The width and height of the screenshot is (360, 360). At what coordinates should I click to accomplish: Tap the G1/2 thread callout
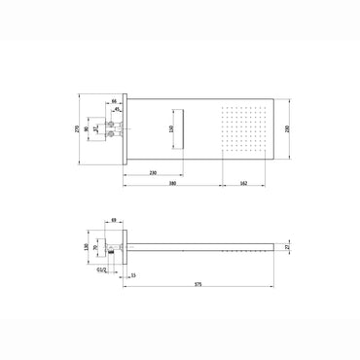click(x=101, y=268)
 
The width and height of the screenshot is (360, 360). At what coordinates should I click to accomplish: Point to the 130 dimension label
click(x=85, y=247)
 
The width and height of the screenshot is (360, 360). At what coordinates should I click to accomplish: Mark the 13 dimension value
click(x=133, y=275)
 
